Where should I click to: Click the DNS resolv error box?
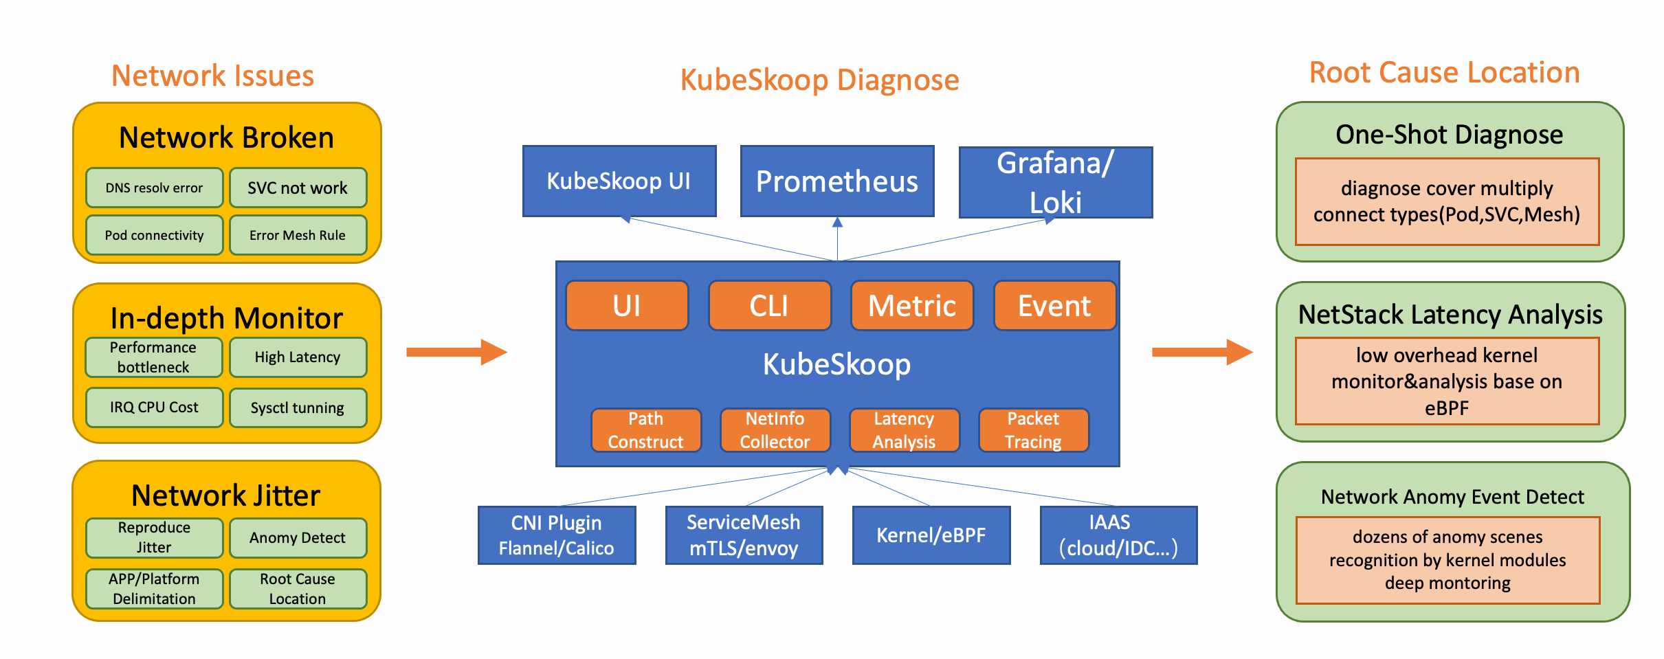(154, 188)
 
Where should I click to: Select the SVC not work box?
(298, 188)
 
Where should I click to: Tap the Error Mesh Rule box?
(298, 235)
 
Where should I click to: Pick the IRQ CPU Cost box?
(154, 407)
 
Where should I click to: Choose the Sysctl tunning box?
(298, 408)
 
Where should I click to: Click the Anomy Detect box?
(298, 538)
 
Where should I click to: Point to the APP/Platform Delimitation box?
(154, 589)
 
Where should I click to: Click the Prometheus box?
(836, 181)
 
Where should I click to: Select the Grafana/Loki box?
(1055, 183)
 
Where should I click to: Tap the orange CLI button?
(769, 306)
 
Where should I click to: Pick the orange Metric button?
(911, 306)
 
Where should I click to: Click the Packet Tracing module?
(1033, 430)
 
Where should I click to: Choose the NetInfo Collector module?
(775, 430)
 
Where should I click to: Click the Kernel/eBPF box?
(931, 535)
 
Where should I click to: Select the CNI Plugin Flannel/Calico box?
(557, 535)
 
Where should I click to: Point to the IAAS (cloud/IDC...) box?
(1118, 535)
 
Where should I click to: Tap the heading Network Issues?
(212, 76)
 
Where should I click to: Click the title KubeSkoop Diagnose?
(819, 80)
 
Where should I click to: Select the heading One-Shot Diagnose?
(1449, 135)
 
